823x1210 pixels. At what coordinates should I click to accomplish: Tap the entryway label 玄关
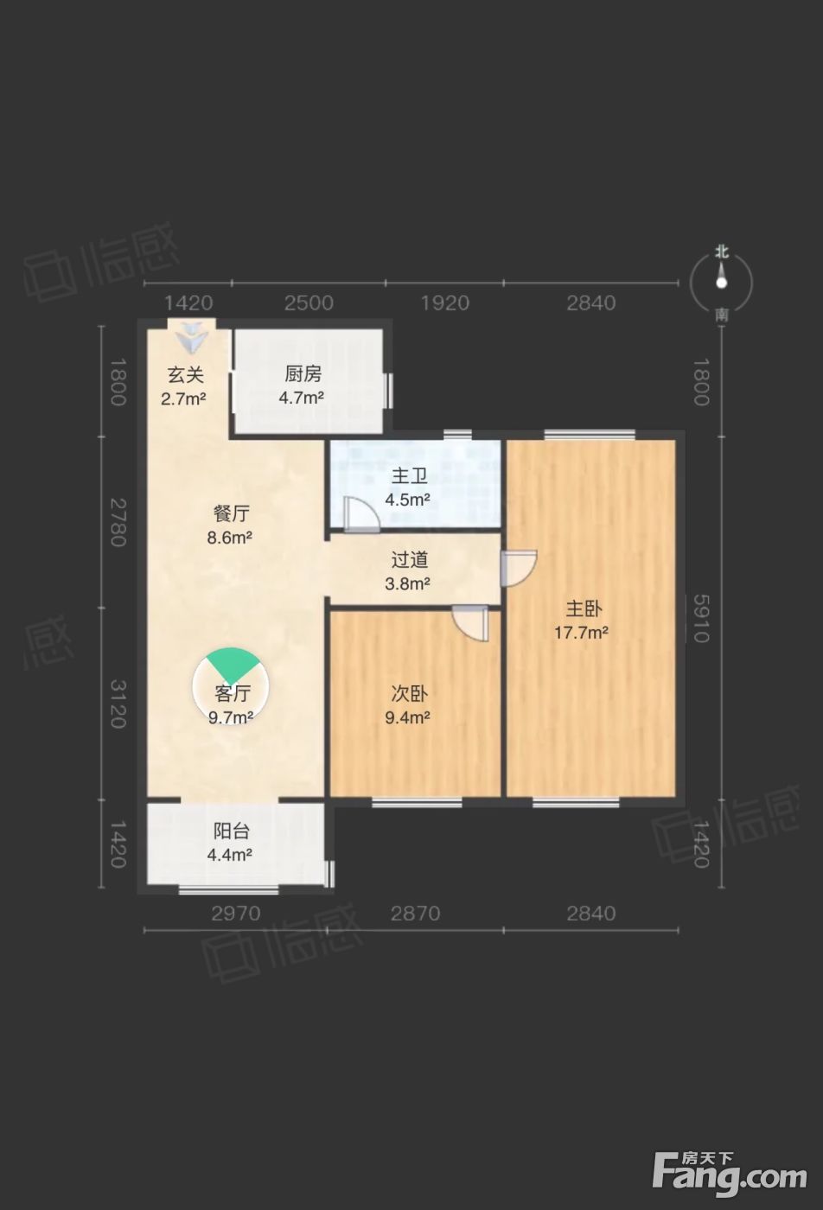tap(185, 374)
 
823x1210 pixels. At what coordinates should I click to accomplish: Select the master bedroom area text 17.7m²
tap(582, 632)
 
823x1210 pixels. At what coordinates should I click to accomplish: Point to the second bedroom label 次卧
tap(410, 693)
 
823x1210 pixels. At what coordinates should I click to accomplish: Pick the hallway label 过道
tap(410, 560)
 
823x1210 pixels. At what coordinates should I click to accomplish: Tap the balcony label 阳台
tap(232, 831)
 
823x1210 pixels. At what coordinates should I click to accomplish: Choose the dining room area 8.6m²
tap(230, 538)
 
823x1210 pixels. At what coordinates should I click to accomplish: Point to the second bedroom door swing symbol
tap(470, 623)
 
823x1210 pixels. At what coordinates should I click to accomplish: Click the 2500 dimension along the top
tap(309, 303)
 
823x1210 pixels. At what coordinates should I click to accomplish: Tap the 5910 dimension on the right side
tap(701, 619)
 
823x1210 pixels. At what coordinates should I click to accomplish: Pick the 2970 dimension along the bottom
tap(236, 914)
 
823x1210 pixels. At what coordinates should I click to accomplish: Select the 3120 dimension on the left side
tap(118, 704)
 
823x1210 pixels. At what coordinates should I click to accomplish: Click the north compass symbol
tap(722, 282)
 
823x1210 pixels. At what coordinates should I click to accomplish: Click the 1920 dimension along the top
tap(445, 303)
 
